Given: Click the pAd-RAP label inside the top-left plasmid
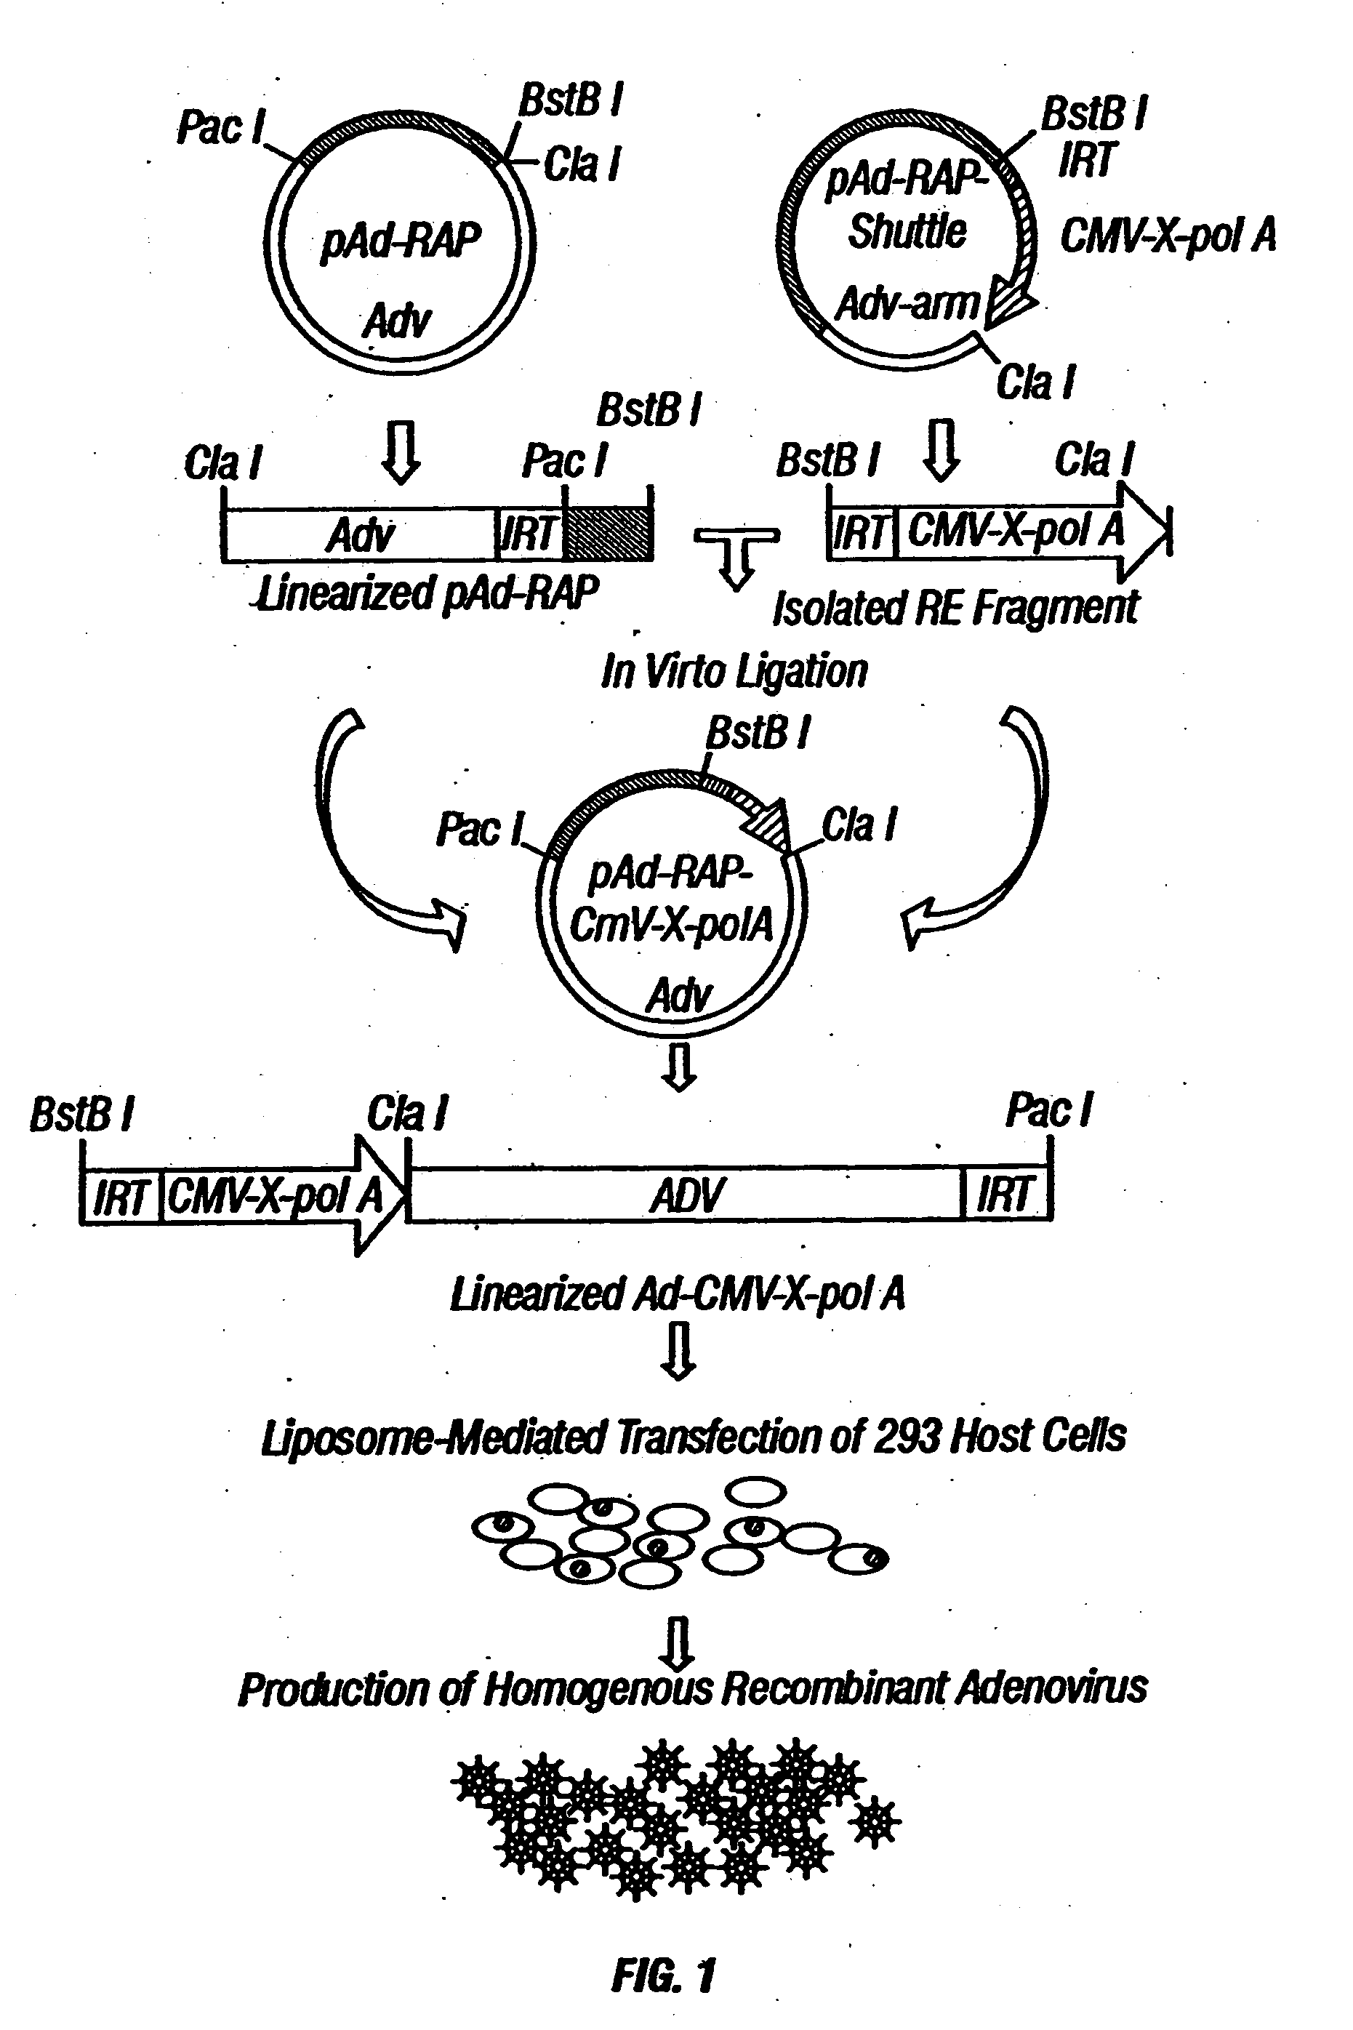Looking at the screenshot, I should coord(401,241).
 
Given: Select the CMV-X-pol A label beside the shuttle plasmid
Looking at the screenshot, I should coord(1168,236).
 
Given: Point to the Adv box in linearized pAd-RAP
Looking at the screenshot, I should coord(360,535).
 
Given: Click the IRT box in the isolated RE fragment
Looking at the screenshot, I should coord(861,531).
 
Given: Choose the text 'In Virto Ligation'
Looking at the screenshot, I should coord(734,671).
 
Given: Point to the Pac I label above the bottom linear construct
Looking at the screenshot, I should coord(1048,1110).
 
